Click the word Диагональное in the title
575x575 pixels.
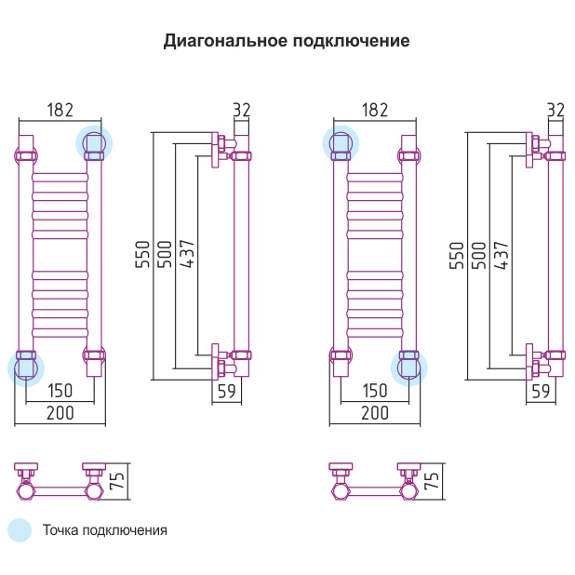[224, 42]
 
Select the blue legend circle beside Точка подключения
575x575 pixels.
[20, 530]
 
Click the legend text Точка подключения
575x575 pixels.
[104, 530]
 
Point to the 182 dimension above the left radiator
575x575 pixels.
[60, 110]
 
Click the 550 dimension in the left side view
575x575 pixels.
[142, 256]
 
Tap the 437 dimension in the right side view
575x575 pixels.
[502, 256]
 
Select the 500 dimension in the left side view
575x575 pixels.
[165, 256]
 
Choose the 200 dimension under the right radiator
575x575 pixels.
[374, 412]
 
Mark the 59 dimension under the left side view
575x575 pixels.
[226, 391]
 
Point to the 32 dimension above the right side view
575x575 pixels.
[555, 110]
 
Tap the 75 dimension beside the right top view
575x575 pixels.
[431, 481]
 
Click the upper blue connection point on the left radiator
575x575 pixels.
[94, 142]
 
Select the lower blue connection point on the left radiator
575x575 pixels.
[25, 367]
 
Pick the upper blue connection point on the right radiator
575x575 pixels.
[340, 142]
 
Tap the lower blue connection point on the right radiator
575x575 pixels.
[408, 367]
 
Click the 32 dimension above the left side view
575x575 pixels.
[242, 110]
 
